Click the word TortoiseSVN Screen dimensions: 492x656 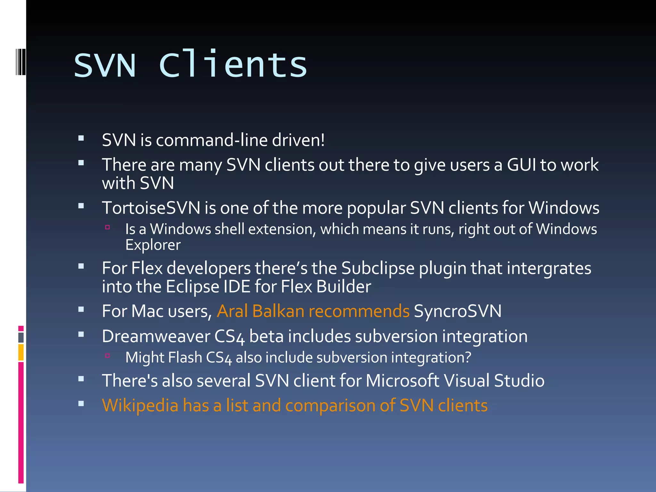tap(151, 208)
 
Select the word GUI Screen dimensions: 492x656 tap(521, 165)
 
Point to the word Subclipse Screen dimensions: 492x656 tap(378, 268)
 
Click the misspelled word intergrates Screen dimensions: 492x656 tap(549, 268)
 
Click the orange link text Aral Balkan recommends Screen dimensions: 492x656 tap(313, 311)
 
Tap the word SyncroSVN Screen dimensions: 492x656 tap(457, 311)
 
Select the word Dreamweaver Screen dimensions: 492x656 tap(156, 336)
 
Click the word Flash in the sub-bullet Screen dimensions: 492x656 tap(186, 357)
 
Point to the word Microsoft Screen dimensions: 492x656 tap(402, 381)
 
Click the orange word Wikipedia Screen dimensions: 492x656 tap(140, 406)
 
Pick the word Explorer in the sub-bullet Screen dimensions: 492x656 tap(153, 245)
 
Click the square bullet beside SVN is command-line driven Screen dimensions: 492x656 tap(81, 139)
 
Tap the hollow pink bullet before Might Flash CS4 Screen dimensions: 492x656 tap(107, 356)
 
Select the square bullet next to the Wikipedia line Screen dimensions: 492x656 tap(81, 404)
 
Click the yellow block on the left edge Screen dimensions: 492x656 tap(21, 352)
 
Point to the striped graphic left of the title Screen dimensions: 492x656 tap(20, 61)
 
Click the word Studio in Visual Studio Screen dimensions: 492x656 tap(519, 381)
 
